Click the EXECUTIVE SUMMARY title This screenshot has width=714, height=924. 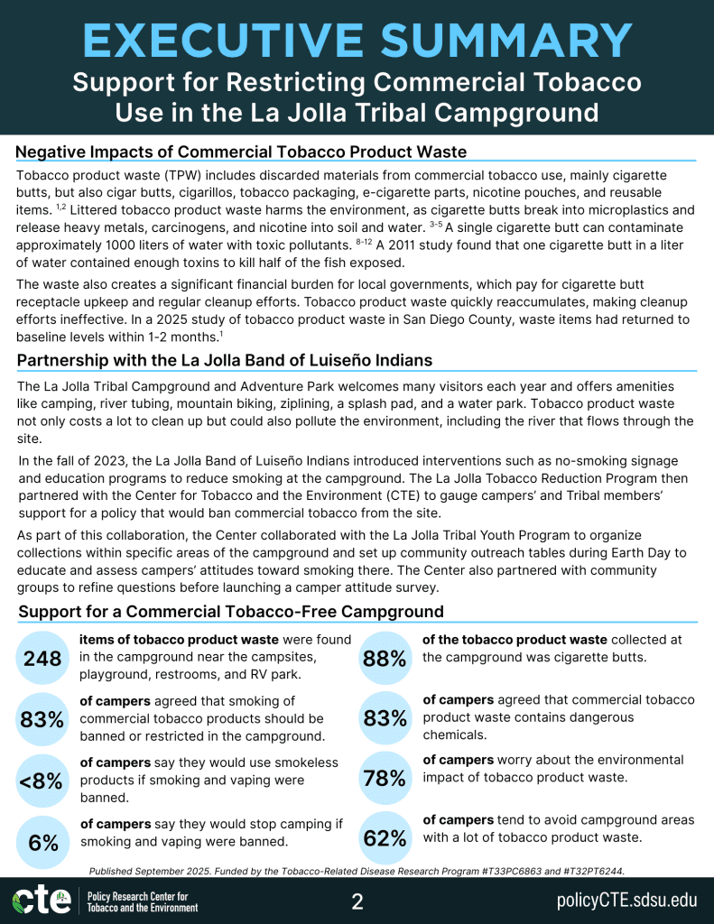(x=357, y=41)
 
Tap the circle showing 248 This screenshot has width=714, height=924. (x=43, y=658)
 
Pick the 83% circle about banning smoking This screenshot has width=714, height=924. (x=43, y=719)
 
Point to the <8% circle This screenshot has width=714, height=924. (x=43, y=781)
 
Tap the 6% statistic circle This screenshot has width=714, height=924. (x=43, y=842)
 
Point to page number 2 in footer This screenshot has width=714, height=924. (x=357, y=901)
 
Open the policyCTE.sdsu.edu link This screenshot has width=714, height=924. (x=626, y=901)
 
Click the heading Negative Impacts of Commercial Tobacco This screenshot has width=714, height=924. (x=241, y=151)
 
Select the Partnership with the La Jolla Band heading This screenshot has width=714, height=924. (x=224, y=360)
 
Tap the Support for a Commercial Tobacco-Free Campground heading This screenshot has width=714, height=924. (x=231, y=612)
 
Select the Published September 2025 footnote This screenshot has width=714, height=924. (x=357, y=871)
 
